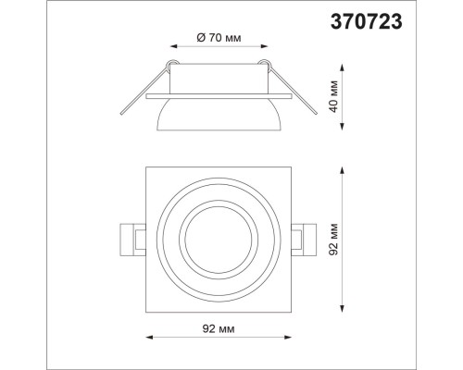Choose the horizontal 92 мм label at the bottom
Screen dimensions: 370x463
click(220, 327)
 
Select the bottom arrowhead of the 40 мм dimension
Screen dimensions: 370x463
click(344, 130)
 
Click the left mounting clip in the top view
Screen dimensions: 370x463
click(133, 240)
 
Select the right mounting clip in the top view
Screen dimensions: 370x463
click(305, 240)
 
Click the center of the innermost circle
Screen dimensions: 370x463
click(219, 240)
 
